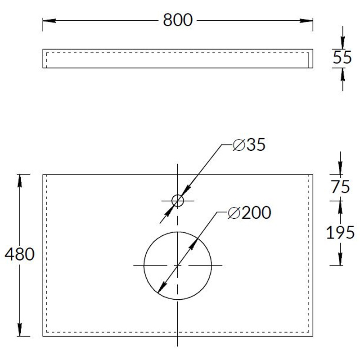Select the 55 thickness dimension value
[342, 58]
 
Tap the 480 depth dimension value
[19, 255]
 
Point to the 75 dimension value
[340, 187]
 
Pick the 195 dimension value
[340, 232]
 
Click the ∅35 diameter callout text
[249, 145]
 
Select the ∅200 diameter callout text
[249, 213]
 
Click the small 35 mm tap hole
[178, 201]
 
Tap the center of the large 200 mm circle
[178, 265]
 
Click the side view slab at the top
[177, 58]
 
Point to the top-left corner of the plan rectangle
[43, 174]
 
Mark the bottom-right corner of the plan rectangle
[313, 336]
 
